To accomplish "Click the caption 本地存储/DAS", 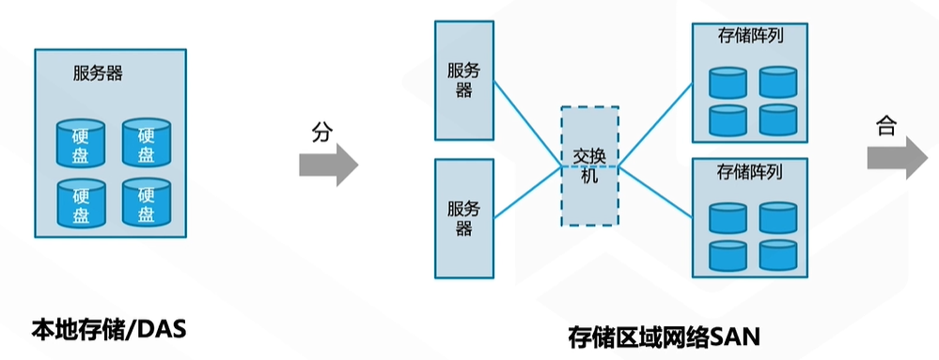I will [x=109, y=330].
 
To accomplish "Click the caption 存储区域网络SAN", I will [x=664, y=336].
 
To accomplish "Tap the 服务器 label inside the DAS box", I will [x=98, y=72].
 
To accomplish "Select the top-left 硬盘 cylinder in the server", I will [x=81, y=141].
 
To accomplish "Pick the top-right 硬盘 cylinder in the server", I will [x=146, y=141].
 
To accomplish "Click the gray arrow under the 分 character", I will [x=328, y=165].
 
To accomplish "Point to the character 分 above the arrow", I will [x=322, y=133].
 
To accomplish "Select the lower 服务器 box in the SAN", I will [x=464, y=218].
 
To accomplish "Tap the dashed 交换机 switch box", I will [x=589, y=165].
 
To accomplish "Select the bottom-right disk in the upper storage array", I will [x=777, y=119].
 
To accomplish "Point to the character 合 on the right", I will [x=885, y=127].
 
